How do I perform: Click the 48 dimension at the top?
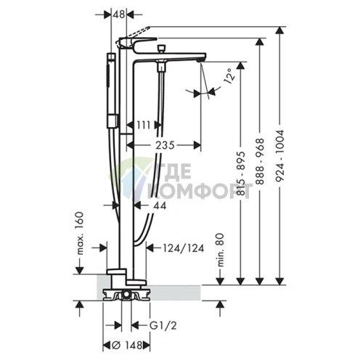click(118, 15)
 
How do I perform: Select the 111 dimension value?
click(144, 125)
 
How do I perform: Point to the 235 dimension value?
click(165, 145)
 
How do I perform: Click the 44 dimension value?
click(160, 205)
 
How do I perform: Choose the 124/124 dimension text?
click(184, 248)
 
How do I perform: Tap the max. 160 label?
click(79, 233)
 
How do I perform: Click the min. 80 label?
click(220, 250)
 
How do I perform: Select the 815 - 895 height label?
click(241, 173)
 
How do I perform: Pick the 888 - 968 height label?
click(261, 161)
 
